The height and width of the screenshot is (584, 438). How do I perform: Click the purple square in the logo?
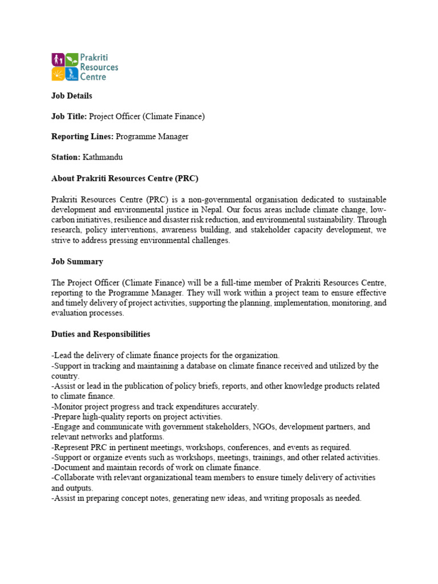pyautogui.click(x=58, y=59)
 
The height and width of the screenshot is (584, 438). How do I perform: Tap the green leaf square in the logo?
pyautogui.click(x=71, y=59)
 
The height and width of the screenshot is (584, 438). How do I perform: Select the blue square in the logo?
pyautogui.click(x=71, y=74)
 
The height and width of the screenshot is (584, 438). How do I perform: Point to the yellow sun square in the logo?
pyautogui.click(x=58, y=74)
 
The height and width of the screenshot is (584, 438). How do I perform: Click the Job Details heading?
pyautogui.click(x=72, y=96)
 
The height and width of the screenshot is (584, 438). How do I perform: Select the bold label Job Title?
pyautogui.click(x=69, y=116)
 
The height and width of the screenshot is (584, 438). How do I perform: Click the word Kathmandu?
pyautogui.click(x=103, y=157)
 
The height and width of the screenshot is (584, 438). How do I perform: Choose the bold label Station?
pyautogui.click(x=66, y=157)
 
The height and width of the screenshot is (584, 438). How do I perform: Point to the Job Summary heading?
pyautogui.click(x=78, y=261)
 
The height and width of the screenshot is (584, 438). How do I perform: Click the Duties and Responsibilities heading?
pyautogui.click(x=101, y=334)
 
